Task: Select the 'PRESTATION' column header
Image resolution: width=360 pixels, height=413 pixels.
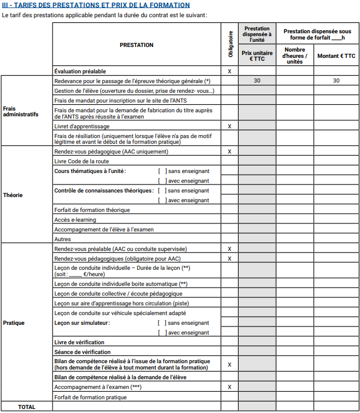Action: [x=136, y=45]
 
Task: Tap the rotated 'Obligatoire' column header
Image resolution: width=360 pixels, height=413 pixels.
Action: [x=230, y=44]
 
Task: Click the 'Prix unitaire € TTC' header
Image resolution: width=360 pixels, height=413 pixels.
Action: [x=257, y=56]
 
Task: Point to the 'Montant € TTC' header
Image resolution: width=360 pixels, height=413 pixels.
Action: [x=336, y=56]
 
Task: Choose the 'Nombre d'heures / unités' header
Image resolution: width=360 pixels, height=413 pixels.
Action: [x=295, y=56]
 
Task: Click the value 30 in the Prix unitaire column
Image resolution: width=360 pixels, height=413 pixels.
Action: [x=257, y=81]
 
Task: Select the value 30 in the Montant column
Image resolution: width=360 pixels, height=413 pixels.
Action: [x=336, y=81]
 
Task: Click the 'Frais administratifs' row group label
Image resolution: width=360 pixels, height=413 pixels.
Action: [x=21, y=111]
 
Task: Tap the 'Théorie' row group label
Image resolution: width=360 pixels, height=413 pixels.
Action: [x=13, y=195]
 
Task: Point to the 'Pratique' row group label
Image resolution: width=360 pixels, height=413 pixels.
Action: [x=14, y=323]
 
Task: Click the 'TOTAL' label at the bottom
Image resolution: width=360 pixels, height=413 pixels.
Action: [x=26, y=407]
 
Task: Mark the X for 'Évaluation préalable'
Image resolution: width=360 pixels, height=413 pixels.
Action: [x=230, y=72]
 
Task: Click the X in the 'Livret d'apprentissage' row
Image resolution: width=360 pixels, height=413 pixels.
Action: [x=230, y=126]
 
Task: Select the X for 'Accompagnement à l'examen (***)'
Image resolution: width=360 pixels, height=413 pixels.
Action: [x=230, y=387]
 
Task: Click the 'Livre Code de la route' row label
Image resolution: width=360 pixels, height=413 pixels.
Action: [x=81, y=162]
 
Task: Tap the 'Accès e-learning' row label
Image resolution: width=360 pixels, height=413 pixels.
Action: [x=75, y=220]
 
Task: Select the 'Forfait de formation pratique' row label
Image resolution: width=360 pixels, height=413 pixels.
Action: [x=90, y=397]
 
